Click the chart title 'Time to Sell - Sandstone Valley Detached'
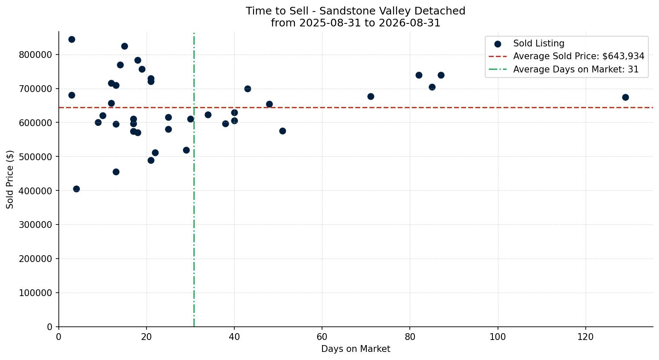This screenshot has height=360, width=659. coord(355,11)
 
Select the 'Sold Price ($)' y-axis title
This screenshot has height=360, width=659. coord(10,179)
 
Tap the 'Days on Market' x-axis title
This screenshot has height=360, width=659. coord(355,349)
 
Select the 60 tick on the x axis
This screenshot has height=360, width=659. coord(322,337)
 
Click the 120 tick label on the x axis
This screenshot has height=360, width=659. coord(585,337)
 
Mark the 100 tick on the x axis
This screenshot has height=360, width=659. coord(498,337)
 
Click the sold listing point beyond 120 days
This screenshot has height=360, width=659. coord(625,98)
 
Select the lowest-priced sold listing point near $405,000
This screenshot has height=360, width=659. coord(76,189)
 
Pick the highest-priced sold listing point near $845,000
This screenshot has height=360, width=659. coord(72,40)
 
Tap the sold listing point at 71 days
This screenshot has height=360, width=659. coord(371,96)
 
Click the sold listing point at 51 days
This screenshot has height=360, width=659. coord(282,131)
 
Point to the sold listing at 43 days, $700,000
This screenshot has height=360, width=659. coord(247,89)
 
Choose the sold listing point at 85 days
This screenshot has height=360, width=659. coord(432,87)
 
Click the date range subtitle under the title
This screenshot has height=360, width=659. coord(355,23)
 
